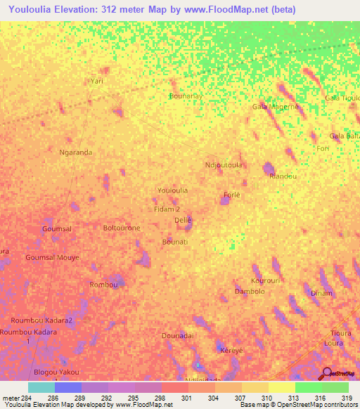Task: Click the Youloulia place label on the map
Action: click(x=172, y=190)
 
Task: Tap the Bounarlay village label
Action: click(x=186, y=96)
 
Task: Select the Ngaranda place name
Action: click(x=77, y=152)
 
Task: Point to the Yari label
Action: click(x=97, y=82)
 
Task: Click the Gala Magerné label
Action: click(x=276, y=106)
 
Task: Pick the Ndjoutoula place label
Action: click(x=223, y=165)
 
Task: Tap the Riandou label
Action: click(x=283, y=176)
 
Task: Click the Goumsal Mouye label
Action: click(x=52, y=258)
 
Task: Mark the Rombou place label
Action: click(x=103, y=284)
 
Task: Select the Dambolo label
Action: click(x=250, y=291)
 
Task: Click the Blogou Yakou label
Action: click(x=56, y=372)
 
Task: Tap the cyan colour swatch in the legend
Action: click(x=41, y=387)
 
